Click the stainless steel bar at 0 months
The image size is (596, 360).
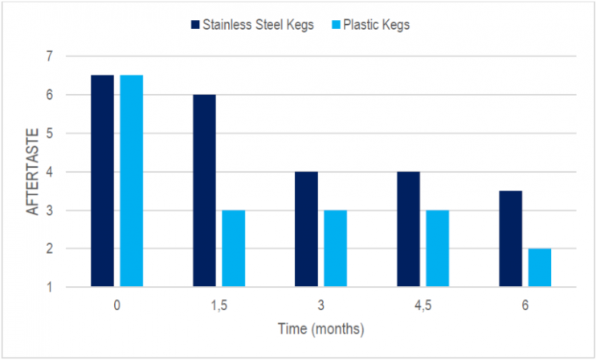[102, 181]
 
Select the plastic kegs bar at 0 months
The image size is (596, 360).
[132, 181]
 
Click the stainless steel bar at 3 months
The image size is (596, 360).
[306, 229]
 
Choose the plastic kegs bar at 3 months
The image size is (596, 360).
[336, 248]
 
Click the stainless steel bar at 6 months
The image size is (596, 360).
[510, 239]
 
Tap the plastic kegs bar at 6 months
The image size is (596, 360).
[540, 268]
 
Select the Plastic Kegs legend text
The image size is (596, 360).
[377, 25]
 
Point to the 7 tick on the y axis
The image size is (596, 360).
[49, 56]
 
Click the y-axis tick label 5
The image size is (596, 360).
[49, 133]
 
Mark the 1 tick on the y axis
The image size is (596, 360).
[49, 287]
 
